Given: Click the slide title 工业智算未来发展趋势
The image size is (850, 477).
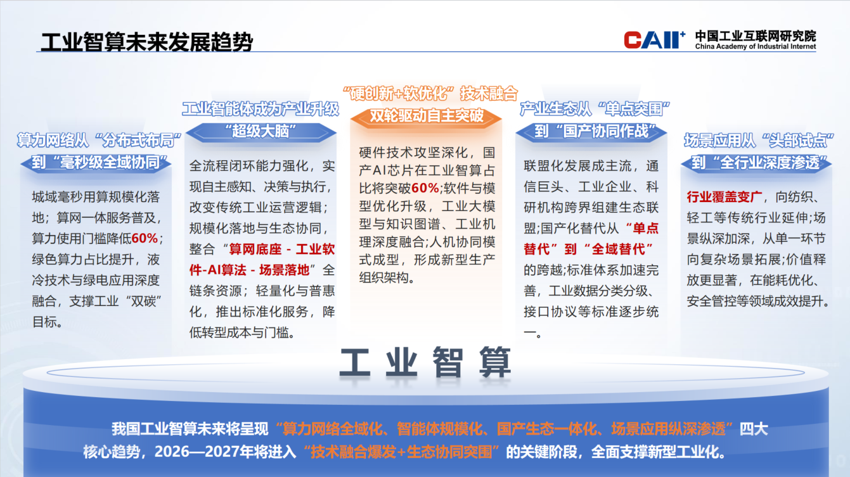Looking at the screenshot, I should click(146, 42).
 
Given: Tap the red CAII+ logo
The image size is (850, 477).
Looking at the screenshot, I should click(655, 40).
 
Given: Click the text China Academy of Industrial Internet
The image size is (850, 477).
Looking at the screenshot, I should click(755, 47).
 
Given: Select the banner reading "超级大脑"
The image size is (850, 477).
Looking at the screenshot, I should click(261, 132).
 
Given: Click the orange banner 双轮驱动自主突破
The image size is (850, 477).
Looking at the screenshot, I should click(427, 116).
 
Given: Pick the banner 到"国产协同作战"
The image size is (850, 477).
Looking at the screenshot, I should click(591, 132).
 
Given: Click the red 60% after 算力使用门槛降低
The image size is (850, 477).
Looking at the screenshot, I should click(145, 238).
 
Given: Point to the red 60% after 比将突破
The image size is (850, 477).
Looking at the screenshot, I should click(425, 188).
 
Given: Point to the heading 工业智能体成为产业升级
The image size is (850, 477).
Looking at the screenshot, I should click(261, 109).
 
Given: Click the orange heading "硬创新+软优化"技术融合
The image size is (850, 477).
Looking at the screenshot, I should click(430, 93).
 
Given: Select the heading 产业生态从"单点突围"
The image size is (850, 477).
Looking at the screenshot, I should click(595, 109).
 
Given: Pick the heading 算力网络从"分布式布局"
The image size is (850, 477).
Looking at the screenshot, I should click(100, 139).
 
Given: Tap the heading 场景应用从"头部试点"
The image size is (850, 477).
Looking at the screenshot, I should click(759, 140).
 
